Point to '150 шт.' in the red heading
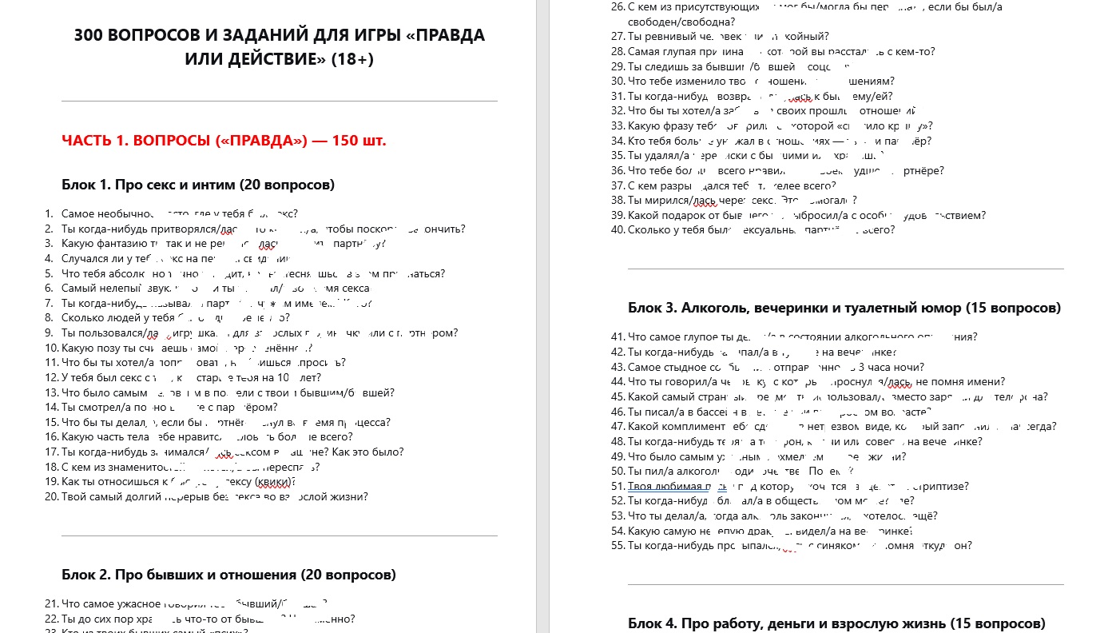coord(357,141)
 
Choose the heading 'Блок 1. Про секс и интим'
coord(197,185)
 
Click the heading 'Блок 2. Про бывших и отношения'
coord(228,575)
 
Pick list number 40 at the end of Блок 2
coord(618,230)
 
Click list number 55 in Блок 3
coord(618,546)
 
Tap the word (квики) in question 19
coord(276,482)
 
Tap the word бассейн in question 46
coord(714,412)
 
